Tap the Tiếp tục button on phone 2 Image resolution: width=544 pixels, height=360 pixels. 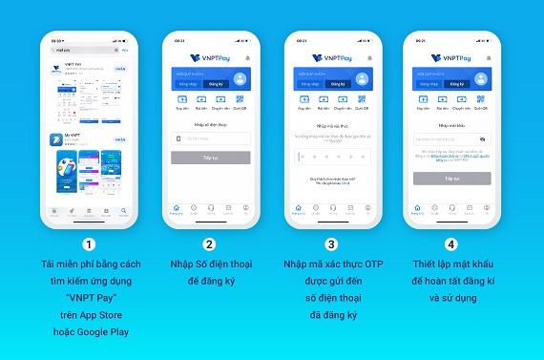(211, 156)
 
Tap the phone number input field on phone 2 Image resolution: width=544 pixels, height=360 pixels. (211, 138)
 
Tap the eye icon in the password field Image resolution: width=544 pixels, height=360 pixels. (482, 139)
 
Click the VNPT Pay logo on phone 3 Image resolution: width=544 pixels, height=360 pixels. (333, 57)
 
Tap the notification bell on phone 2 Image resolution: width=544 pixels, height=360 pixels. (247, 57)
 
